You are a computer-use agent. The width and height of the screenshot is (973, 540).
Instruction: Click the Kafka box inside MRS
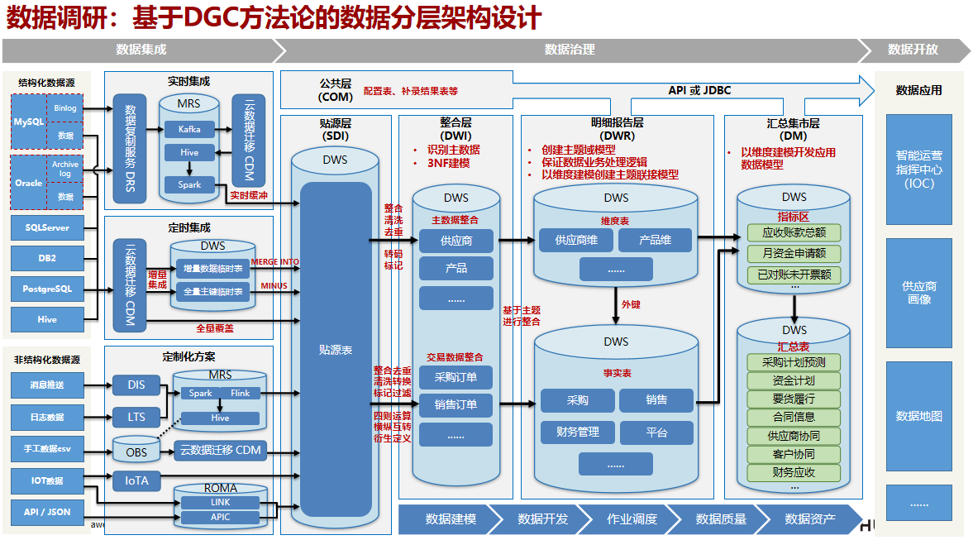click(x=189, y=129)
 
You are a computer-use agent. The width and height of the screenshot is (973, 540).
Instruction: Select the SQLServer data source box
click(x=47, y=227)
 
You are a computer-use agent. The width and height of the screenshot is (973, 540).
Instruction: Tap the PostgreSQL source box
click(x=47, y=289)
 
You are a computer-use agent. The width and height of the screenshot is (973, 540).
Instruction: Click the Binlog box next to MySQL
click(x=65, y=108)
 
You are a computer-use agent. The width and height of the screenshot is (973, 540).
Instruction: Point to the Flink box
click(x=241, y=394)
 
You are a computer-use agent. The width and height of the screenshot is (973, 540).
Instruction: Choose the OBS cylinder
click(x=136, y=452)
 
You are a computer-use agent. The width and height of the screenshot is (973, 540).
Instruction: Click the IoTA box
click(x=136, y=480)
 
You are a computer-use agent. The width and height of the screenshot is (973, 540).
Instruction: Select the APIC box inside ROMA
click(x=221, y=518)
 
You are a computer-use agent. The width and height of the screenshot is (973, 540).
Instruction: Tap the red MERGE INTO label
click(x=275, y=262)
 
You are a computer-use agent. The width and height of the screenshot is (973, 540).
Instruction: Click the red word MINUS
click(x=274, y=286)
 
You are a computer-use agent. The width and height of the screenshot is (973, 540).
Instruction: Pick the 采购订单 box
click(x=455, y=378)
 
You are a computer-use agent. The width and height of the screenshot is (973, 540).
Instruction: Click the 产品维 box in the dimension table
click(x=656, y=241)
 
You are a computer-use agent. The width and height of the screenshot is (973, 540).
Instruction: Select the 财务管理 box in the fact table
click(x=577, y=432)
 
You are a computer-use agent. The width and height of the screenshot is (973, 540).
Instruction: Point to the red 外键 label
click(x=631, y=304)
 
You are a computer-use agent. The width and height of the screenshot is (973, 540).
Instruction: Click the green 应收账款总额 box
click(x=794, y=232)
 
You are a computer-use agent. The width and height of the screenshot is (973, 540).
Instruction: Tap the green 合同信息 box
click(x=794, y=417)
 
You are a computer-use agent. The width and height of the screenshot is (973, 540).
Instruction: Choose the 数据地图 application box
click(x=918, y=416)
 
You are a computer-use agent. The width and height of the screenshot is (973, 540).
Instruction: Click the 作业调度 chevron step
click(x=632, y=519)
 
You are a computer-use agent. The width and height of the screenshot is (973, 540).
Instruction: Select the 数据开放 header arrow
click(x=913, y=50)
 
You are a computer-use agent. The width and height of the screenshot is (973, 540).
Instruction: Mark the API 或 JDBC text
click(x=699, y=90)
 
